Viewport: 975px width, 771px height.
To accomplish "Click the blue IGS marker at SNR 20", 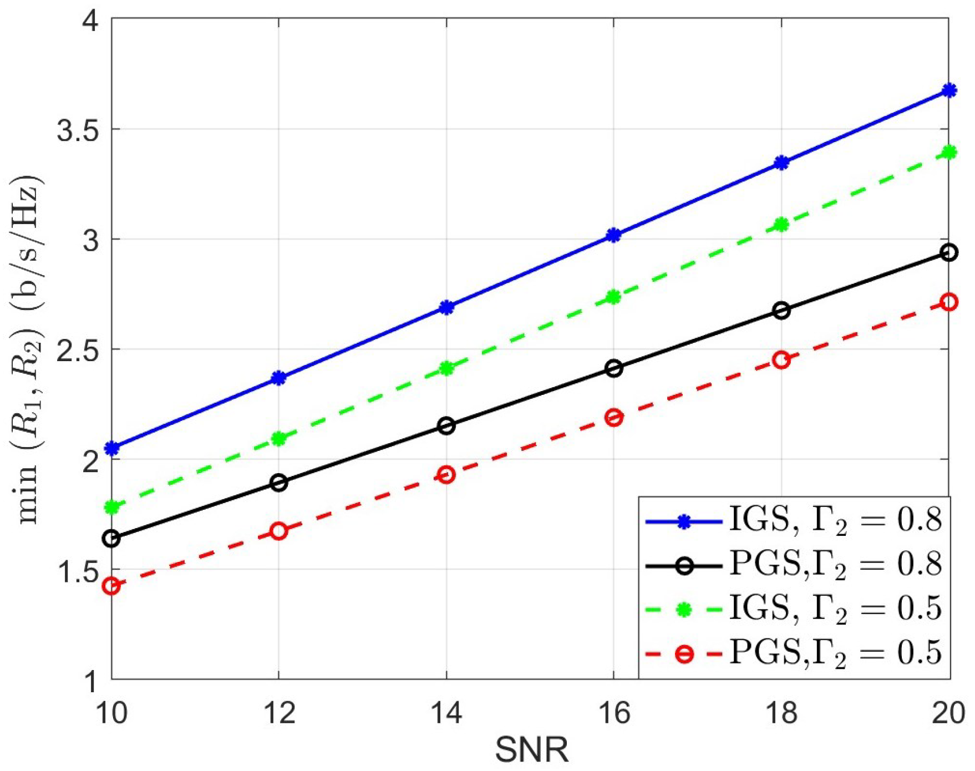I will coord(949,90).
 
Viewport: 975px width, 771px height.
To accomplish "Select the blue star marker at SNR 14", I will coord(446,307).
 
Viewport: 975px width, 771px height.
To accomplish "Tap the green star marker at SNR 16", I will coord(613,297).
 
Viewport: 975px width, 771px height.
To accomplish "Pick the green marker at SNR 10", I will coord(112,507).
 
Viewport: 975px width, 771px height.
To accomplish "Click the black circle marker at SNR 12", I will coord(279,483).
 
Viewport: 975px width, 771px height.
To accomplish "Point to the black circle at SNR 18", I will coord(781,311).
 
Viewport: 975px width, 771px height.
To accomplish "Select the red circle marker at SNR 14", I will coord(446,475).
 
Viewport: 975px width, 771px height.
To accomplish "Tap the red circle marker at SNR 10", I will coord(112,586).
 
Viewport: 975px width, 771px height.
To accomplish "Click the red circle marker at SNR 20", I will coord(949,302).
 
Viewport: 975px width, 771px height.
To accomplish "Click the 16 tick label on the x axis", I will coord(613,713).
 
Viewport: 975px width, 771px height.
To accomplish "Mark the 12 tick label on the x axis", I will coord(279,713).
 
